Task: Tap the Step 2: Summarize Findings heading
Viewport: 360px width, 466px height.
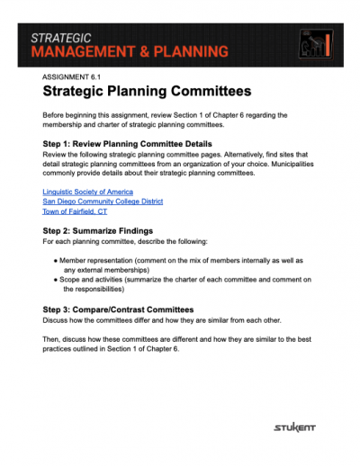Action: click(x=103, y=231)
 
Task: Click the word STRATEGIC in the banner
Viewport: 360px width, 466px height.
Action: click(x=61, y=38)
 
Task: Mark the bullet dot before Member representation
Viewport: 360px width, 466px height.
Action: click(x=56, y=260)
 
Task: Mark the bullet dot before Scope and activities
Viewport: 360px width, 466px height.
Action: click(x=56, y=281)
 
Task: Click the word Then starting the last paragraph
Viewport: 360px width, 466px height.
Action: click(x=51, y=340)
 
